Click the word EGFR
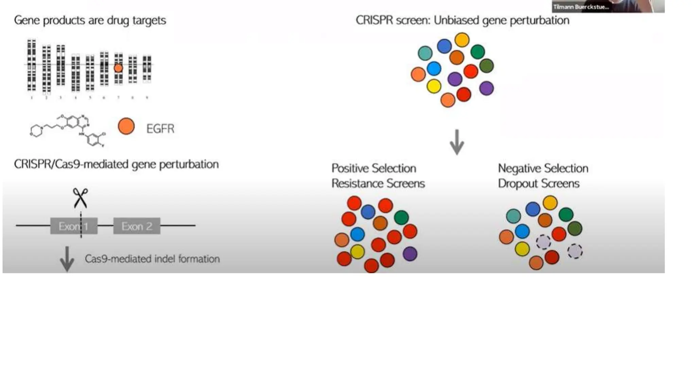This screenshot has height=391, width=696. [160, 129]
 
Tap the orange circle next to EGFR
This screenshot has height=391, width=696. [126, 126]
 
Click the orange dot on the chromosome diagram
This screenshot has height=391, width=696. [118, 68]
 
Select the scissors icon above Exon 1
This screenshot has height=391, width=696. [81, 198]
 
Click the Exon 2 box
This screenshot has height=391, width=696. [137, 226]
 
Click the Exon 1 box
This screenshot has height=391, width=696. [74, 226]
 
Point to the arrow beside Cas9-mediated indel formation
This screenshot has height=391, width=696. [67, 259]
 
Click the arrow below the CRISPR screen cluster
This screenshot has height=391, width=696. [457, 142]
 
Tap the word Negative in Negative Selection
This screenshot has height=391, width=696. [519, 168]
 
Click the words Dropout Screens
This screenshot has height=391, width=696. [538, 184]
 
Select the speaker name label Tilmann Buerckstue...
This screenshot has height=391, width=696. [581, 7]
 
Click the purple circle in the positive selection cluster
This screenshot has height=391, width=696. [410, 254]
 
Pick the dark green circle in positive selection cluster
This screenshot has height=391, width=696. [401, 217]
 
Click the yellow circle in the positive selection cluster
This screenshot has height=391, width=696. [357, 252]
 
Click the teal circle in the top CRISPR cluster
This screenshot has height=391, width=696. [425, 53]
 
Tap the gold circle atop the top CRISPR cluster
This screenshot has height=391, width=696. [462, 40]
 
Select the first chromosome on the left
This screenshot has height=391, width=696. [32, 65]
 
